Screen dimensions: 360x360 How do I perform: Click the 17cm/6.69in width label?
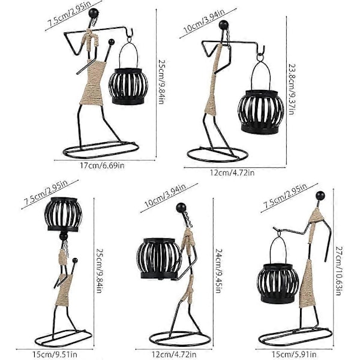[x=102, y=166]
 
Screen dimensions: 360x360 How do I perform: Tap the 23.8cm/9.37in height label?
[x=292, y=89]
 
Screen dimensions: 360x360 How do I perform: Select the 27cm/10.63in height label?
[x=339, y=271]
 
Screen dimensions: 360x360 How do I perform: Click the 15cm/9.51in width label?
[x=55, y=354]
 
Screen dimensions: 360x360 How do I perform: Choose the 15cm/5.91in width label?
[x=294, y=354]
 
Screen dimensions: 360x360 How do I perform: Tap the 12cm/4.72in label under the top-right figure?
[x=232, y=173]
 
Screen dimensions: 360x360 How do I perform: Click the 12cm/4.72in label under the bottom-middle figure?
[x=174, y=354]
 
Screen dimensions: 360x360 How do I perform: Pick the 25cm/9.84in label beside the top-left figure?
[x=162, y=82]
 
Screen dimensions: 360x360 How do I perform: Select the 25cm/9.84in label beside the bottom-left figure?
[x=99, y=271]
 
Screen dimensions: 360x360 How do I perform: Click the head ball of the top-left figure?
[x=94, y=13]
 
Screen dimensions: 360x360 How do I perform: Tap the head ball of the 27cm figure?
[x=320, y=196]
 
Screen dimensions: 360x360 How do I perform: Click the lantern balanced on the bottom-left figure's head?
[x=63, y=214]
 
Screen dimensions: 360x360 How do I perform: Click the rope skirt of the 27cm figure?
[x=307, y=284]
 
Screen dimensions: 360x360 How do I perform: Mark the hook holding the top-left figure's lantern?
[x=130, y=34]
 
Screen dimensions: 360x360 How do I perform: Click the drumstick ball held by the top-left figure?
[x=112, y=42]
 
